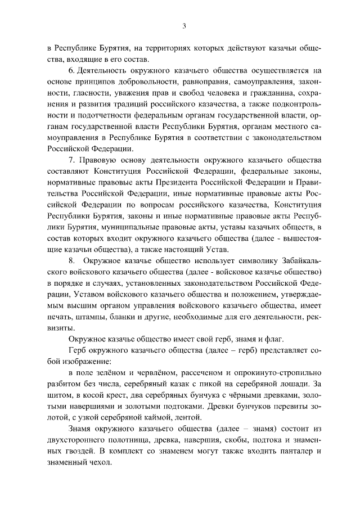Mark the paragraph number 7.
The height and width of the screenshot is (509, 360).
pyautogui.click(x=71, y=160)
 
